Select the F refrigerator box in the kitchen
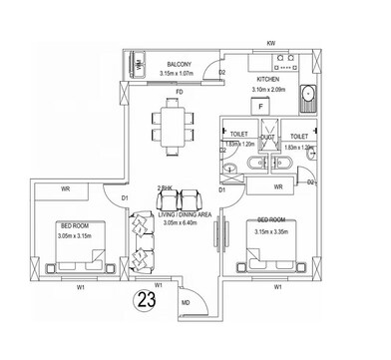click(259, 105)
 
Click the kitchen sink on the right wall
click(309, 96)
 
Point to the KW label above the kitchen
click(270, 43)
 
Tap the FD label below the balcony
click(179, 93)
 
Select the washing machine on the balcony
click(141, 63)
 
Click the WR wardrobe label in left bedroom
click(64, 187)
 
